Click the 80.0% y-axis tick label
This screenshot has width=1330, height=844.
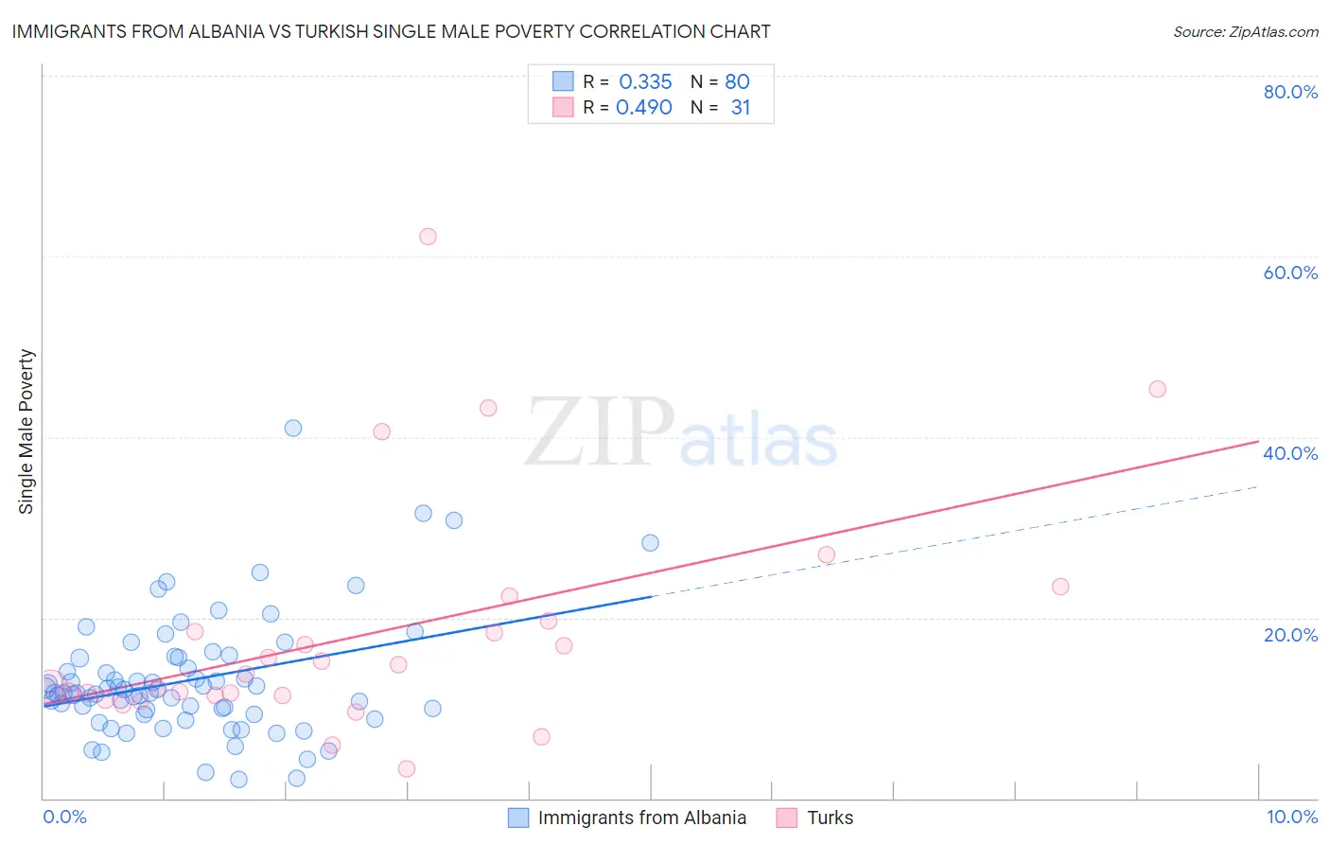point(1290,92)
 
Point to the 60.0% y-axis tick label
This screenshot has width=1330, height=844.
point(1290,273)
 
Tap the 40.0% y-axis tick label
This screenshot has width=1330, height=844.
point(1290,453)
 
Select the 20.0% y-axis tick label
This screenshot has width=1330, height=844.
point(1290,634)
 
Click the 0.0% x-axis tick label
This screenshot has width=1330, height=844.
point(64,817)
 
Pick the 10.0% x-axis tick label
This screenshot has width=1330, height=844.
point(1291,817)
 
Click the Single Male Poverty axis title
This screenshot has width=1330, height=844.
point(26,431)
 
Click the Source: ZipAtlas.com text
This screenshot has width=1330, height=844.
point(1245,31)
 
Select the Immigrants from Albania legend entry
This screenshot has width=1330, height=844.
point(641,818)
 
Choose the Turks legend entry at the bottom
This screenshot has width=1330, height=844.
point(830,818)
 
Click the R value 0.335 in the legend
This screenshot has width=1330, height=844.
point(645,81)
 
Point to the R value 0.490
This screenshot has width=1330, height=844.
point(644,107)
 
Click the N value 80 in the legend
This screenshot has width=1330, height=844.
point(737,81)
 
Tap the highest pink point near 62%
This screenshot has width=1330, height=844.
point(428,237)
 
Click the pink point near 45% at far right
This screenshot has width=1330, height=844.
point(1157,389)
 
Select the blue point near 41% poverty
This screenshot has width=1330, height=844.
point(293,428)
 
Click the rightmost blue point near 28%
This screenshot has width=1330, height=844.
point(650,542)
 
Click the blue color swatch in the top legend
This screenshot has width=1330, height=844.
point(563,81)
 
